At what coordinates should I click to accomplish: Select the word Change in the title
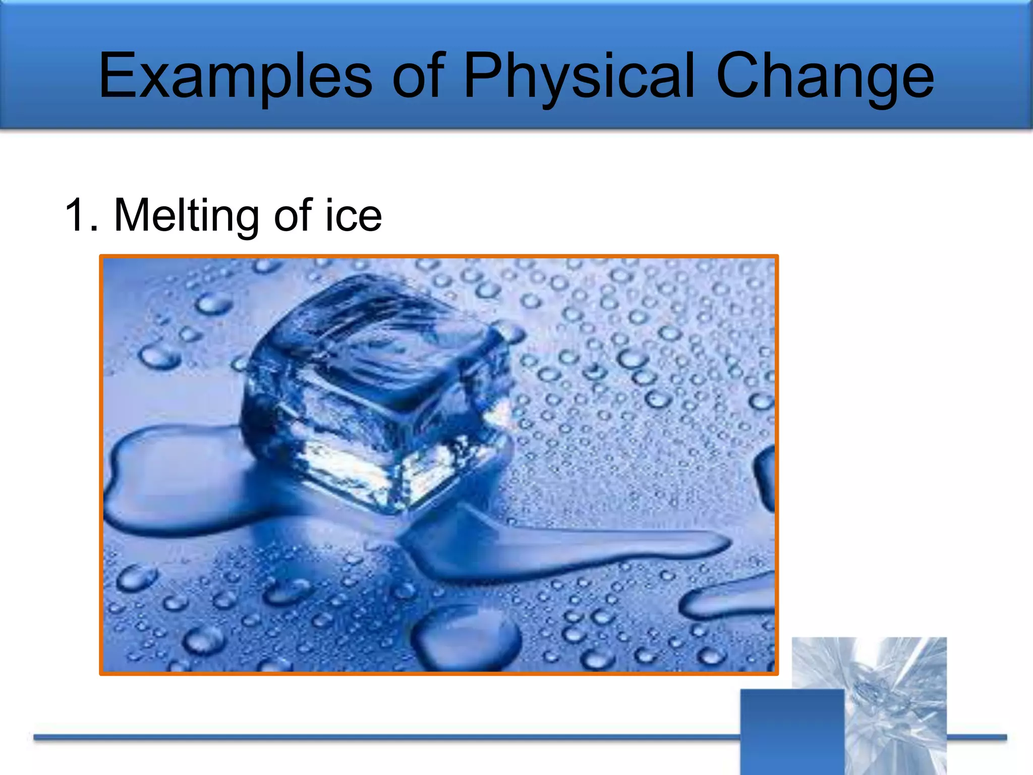[x=825, y=77]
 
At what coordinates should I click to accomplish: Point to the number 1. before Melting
[x=81, y=216]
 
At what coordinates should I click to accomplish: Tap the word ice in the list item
[x=353, y=216]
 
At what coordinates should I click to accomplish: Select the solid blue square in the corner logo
[x=792, y=732]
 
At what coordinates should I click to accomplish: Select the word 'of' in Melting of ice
[x=293, y=216]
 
